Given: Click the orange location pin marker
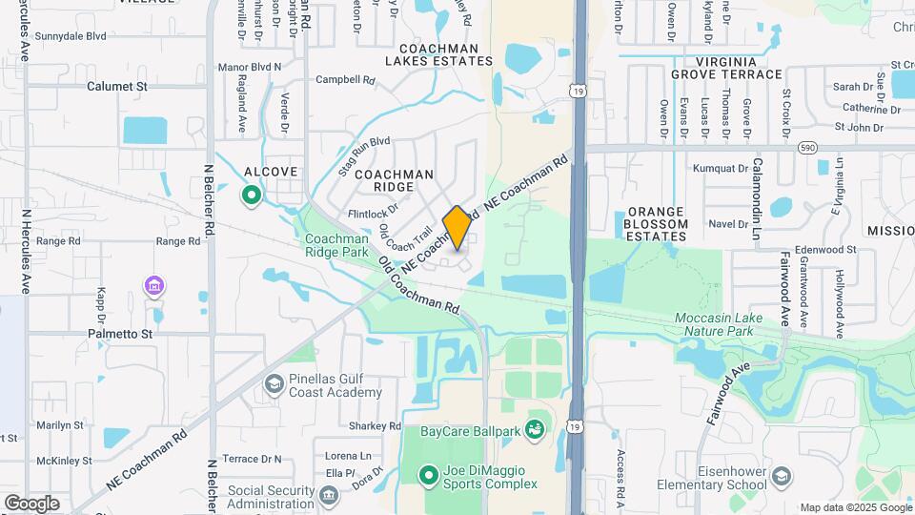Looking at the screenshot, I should coord(457,227).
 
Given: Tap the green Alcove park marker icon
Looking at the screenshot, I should coord(252,196).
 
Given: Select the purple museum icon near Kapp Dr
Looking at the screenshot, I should coord(153,285).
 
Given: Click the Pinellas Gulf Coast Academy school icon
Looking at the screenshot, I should coord(274,383).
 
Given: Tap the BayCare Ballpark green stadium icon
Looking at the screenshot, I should coord(535,431).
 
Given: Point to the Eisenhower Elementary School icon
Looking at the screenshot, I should coord(781,476).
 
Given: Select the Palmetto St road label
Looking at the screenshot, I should coord(120,335).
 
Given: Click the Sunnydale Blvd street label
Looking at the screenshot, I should coord(70,36).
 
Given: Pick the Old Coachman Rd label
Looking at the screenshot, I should coord(419,286).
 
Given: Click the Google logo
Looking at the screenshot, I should coord(31,503).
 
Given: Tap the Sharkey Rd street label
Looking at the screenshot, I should coord(375,425).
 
